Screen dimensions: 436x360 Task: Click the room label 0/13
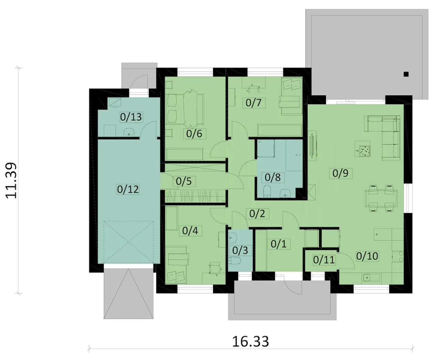pyautogui.click(x=131, y=117)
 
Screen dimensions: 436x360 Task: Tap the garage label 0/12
pyautogui.click(x=128, y=189)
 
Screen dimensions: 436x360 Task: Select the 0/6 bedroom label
pyautogui.click(x=194, y=134)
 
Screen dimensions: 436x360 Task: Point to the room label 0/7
pyautogui.click(x=253, y=103)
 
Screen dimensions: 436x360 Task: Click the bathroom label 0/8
pyautogui.click(x=272, y=177)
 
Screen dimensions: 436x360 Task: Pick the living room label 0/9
pyautogui.click(x=340, y=173)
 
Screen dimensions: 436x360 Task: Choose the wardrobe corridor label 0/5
pyautogui.click(x=184, y=181)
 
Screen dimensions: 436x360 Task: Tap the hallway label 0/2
pyautogui.click(x=257, y=214)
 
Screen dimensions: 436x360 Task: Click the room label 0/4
pyautogui.click(x=190, y=231)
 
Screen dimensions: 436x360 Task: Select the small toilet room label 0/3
pyautogui.click(x=240, y=250)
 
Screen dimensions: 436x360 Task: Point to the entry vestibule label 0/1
pyautogui.click(x=279, y=244)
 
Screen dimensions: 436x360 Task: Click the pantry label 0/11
pyautogui.click(x=324, y=260)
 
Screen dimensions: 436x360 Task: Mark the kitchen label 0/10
pyautogui.click(x=367, y=256)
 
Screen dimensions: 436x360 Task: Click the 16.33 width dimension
pyautogui.click(x=250, y=342)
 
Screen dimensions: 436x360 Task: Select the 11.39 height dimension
pyautogui.click(x=11, y=181)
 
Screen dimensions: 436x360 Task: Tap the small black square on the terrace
pyautogui.click(x=406, y=74)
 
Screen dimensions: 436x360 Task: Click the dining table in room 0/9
pyautogui.click(x=381, y=198)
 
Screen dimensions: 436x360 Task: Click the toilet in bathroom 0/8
pyautogui.click(x=267, y=191)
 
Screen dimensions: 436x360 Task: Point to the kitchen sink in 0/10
pyautogui.click(x=367, y=278)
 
